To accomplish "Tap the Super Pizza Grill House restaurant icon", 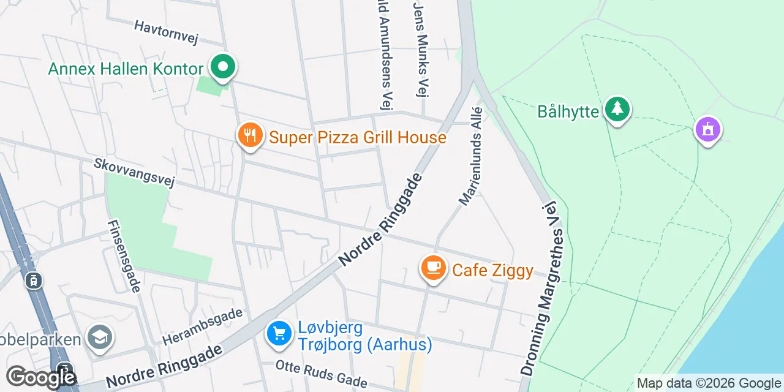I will [249, 136].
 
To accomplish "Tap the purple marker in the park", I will [707, 130].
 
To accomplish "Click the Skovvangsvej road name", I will [134, 172].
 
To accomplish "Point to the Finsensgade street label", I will [124, 256].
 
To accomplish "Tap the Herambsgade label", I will [203, 326].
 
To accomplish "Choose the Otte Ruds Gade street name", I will [322, 374].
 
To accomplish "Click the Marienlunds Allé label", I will [471, 157].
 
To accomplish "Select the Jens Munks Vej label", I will [420, 49].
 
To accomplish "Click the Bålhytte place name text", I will [568, 111].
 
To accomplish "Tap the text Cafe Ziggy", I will [492, 270].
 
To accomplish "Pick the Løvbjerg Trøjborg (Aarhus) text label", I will [365, 336].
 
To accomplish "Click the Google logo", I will [40, 377].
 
